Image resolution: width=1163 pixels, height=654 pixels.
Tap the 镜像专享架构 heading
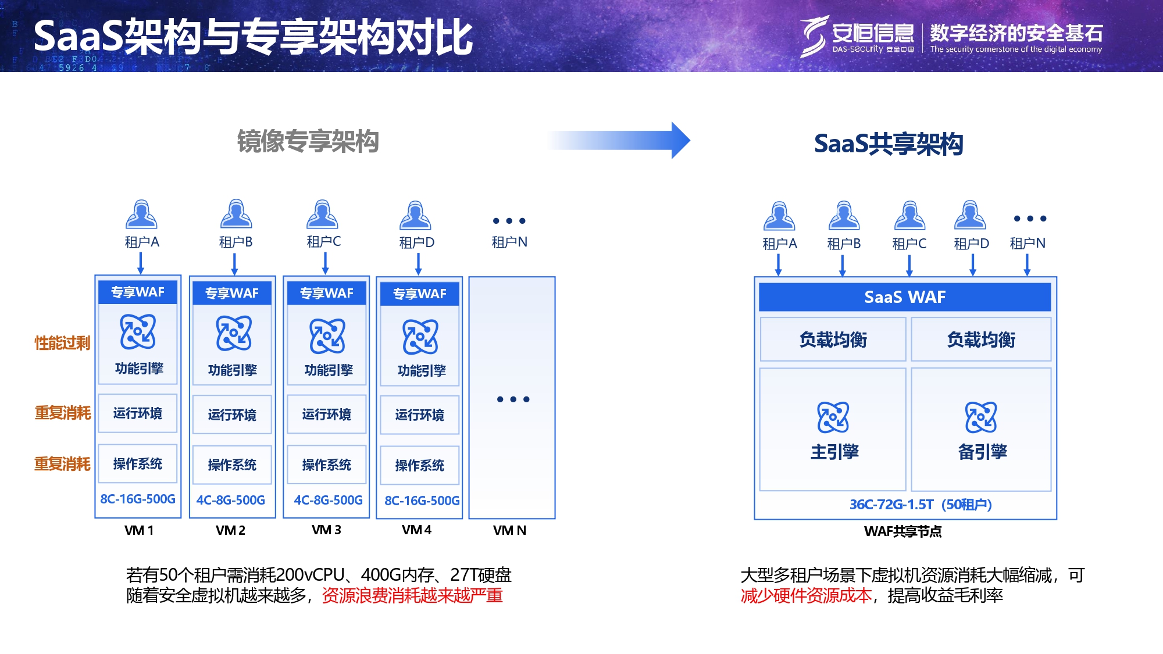coord(308,141)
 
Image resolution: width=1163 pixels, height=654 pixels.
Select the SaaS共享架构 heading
coord(888,144)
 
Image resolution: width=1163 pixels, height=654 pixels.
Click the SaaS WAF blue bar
coord(904,297)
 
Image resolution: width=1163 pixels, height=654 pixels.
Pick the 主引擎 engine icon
coord(833,417)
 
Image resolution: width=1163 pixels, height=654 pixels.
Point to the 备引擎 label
coord(982,452)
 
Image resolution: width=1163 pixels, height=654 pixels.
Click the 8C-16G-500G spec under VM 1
coord(138,499)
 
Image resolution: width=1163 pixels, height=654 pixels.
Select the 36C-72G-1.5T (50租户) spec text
coord(921,504)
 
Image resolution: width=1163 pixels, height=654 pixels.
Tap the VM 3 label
coord(326,530)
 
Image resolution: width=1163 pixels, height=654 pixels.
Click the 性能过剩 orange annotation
coord(62,343)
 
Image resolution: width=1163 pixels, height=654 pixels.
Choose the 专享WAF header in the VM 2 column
coord(232,293)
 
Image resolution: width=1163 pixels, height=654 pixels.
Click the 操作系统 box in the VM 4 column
coord(419,465)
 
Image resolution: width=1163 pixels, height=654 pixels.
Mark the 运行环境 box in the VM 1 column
coord(138,413)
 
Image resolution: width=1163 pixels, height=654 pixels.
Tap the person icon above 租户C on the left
coord(323,215)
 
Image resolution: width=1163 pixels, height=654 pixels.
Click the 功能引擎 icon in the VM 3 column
coord(327,336)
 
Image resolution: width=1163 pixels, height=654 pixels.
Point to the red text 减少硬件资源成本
coord(806,595)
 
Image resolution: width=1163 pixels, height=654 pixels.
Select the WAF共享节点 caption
coord(902,531)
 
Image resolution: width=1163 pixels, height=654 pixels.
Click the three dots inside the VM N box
coord(513,399)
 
